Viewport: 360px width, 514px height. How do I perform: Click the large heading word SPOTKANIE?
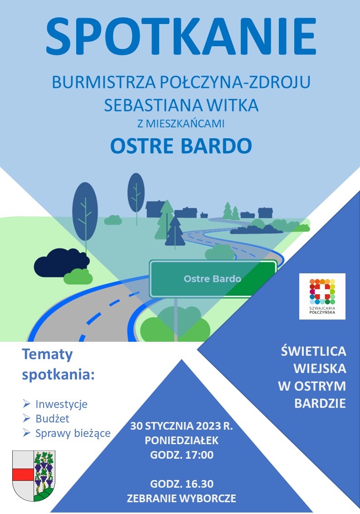tap(181, 36)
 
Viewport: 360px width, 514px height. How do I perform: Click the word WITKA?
tap(234, 106)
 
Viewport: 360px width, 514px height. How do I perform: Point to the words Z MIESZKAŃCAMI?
tap(181, 122)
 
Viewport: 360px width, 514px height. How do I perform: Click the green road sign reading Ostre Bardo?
tap(213, 279)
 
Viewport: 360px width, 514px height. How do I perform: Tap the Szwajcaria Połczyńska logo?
tap(322, 296)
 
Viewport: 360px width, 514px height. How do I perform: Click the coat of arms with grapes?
tap(34, 475)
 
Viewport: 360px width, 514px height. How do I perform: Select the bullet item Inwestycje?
tap(61, 404)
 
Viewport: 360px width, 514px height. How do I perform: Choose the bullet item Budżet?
tap(52, 419)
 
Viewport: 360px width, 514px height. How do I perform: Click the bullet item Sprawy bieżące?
tap(73, 433)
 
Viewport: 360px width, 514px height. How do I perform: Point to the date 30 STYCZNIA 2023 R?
tap(181, 427)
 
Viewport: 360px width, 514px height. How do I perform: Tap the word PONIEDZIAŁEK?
tap(181, 441)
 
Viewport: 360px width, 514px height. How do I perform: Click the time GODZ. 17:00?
tap(181, 455)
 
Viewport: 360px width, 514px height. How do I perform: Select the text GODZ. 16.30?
tap(181, 483)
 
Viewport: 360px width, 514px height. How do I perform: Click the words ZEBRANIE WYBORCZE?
tap(181, 498)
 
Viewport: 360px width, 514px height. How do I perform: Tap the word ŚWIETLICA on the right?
tap(313, 351)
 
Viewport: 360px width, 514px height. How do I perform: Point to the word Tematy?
tap(48, 355)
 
